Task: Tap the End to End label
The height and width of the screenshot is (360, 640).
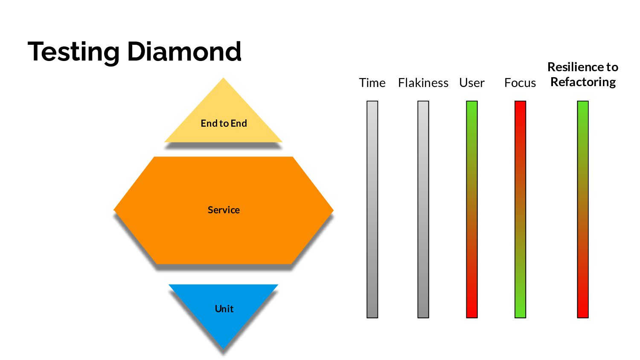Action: tap(224, 123)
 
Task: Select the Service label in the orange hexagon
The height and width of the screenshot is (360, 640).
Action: tap(224, 210)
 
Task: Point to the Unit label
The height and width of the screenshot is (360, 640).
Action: tap(224, 309)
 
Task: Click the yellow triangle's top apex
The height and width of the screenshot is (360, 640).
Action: tap(223, 79)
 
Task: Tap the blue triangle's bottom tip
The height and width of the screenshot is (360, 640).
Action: tap(223, 348)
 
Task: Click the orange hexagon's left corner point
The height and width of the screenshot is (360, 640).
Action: tap(115, 210)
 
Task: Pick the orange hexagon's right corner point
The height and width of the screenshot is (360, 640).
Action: tap(332, 210)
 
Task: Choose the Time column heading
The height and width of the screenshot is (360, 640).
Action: tap(372, 83)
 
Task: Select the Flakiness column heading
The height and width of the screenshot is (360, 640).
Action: tap(423, 83)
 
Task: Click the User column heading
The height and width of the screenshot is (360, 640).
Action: tap(471, 83)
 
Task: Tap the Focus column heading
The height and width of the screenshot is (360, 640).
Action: tap(520, 83)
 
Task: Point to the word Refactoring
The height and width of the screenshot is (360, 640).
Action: tap(583, 82)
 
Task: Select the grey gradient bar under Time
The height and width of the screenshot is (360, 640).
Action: tap(372, 209)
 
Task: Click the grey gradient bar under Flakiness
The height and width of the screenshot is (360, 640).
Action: tap(423, 209)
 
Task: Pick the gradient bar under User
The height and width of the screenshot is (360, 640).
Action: tap(471, 209)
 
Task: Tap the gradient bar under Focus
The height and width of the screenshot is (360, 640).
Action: tap(520, 209)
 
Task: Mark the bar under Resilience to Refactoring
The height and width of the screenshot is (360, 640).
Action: tap(582, 209)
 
